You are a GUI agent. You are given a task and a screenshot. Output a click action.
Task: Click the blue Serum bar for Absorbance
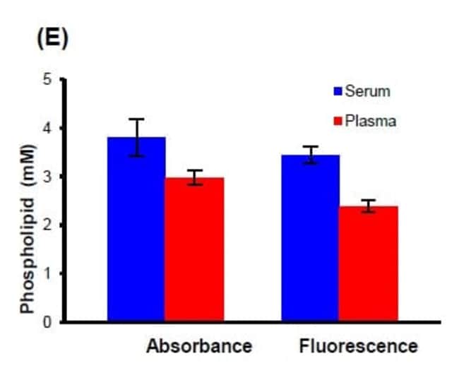[x=136, y=230]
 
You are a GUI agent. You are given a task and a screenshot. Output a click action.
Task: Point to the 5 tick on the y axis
[x=48, y=79]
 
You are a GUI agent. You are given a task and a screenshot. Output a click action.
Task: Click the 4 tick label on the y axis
[x=48, y=128]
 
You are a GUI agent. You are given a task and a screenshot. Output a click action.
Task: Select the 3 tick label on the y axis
[x=48, y=177]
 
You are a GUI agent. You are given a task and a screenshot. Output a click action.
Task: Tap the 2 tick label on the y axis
[x=48, y=225]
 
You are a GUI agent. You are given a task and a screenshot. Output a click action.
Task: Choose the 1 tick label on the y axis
[x=48, y=273]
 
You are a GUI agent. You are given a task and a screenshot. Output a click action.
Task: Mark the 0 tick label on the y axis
[x=48, y=322]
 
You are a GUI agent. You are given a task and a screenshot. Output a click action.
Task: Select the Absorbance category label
[x=199, y=347]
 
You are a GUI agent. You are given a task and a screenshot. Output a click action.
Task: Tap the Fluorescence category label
[x=358, y=347]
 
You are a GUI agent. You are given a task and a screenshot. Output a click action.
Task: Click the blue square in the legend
[x=338, y=91]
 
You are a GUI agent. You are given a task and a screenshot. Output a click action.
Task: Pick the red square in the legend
[x=338, y=122]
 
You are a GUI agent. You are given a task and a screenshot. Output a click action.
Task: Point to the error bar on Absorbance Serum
[x=136, y=137]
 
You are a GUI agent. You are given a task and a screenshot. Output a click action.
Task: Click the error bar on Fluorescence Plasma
[x=368, y=206]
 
